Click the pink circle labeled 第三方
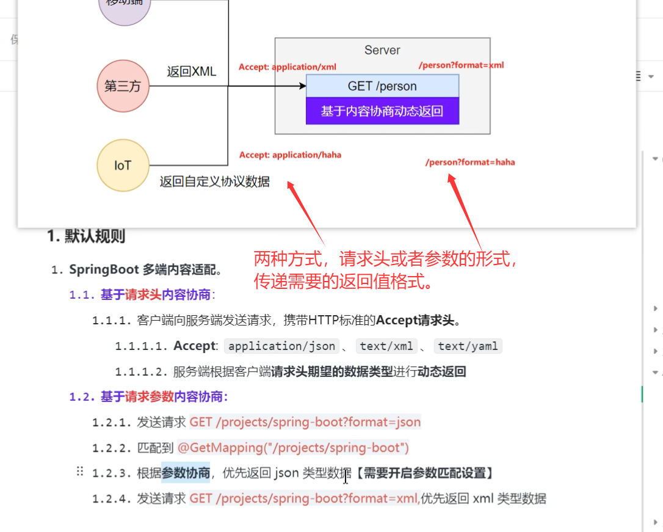tap(123, 86)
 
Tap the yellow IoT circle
tap(123, 166)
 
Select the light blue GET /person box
tap(382, 86)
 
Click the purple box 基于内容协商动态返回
tap(382, 112)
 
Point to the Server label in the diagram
tap(382, 51)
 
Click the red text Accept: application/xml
tap(287, 67)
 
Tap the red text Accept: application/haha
tap(290, 155)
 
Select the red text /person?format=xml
tap(461, 65)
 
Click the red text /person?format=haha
tap(470, 162)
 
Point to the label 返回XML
tap(192, 72)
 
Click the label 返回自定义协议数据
tap(214, 181)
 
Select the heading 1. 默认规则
tap(86, 236)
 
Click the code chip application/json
tap(281, 346)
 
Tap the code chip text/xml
tap(386, 346)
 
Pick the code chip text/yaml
tap(468, 346)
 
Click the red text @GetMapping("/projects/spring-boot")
tap(293, 448)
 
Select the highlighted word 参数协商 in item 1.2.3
tap(186, 473)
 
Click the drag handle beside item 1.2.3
tap(79, 472)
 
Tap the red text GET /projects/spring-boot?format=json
tap(305, 422)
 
